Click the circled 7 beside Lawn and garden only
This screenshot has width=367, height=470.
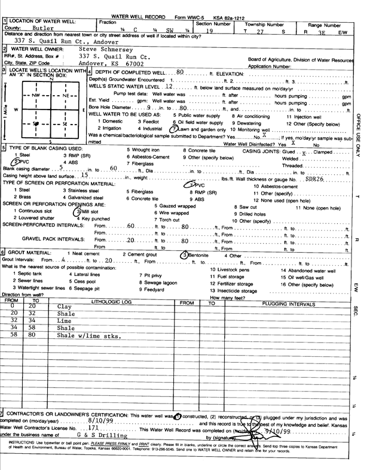point(174,129)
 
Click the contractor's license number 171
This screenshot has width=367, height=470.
point(93,429)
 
